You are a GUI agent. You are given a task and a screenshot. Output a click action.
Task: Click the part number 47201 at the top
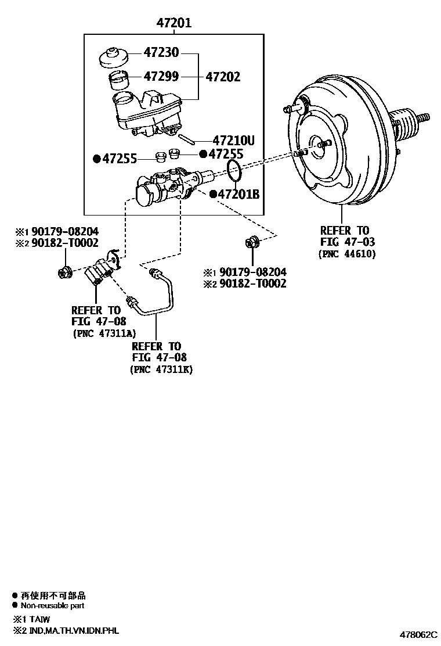(174, 23)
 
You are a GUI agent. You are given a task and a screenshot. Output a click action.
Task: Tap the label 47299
(162, 77)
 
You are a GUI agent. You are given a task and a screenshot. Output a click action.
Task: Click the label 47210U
(234, 140)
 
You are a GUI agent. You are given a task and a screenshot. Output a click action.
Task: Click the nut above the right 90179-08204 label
(252, 242)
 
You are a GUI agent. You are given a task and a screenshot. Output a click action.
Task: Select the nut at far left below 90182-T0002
(65, 271)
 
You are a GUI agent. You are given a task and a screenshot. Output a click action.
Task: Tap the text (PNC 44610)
(347, 254)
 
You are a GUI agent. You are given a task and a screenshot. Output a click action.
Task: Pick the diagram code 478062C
(417, 635)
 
